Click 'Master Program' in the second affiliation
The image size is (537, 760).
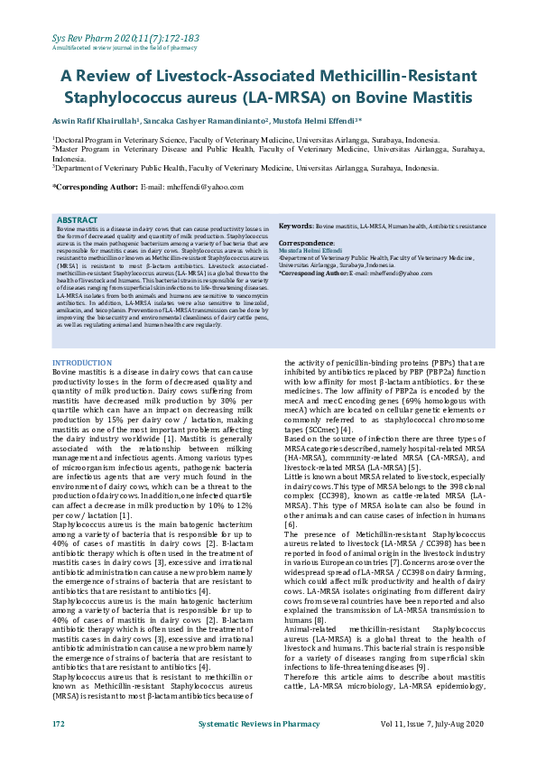click(x=85, y=150)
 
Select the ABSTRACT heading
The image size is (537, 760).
click(x=77, y=219)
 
